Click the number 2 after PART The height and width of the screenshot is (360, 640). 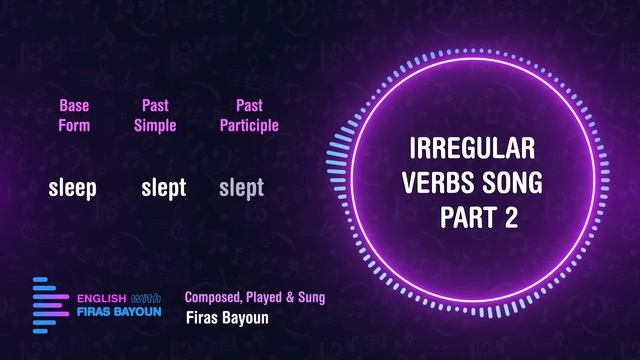[x=511, y=218]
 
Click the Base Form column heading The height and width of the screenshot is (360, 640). [x=74, y=115]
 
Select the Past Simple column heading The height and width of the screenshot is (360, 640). [x=155, y=115]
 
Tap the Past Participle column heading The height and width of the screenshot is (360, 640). [x=249, y=115]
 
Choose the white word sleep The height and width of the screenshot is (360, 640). [x=73, y=187]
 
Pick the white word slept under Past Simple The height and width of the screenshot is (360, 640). [x=164, y=187]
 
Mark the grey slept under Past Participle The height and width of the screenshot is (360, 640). [x=241, y=187]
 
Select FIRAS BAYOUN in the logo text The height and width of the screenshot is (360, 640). [x=119, y=312]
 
